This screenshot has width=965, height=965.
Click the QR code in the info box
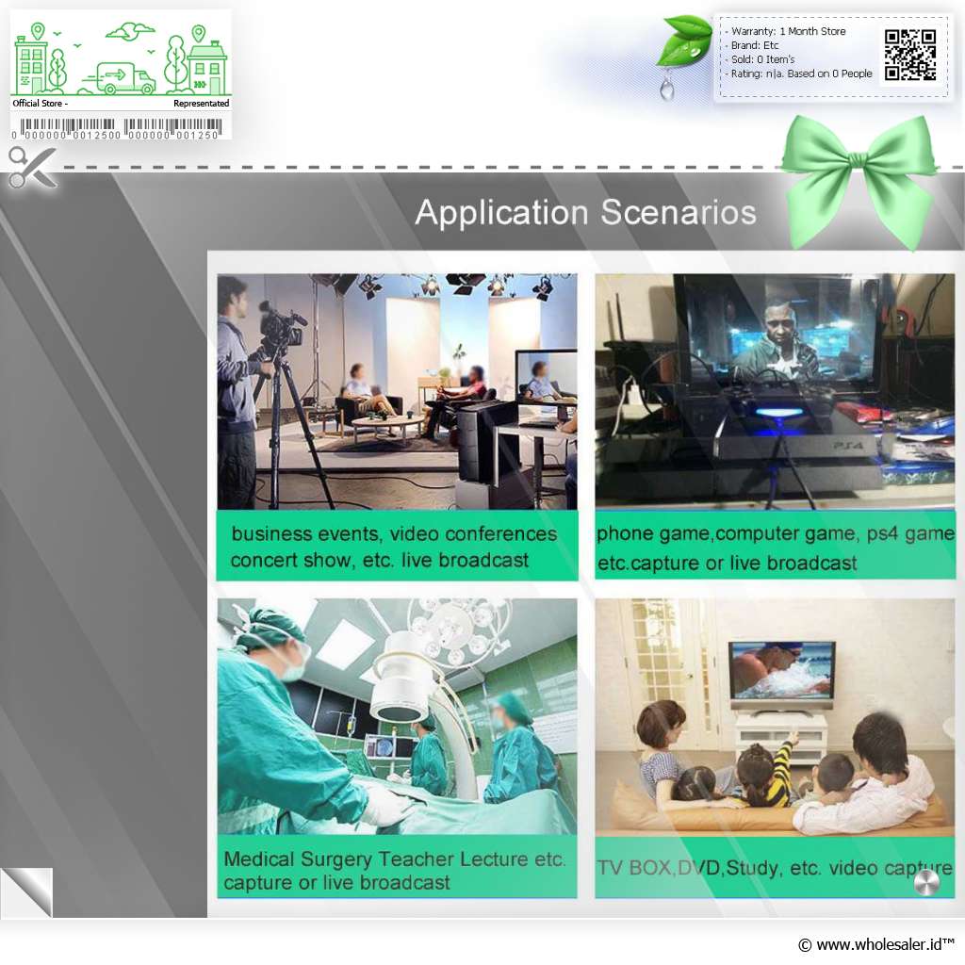coord(910,56)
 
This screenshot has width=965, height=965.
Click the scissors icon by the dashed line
coord(33,167)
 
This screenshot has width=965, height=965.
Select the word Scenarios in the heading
coord(679,213)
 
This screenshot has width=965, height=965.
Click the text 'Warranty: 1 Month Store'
coord(788,31)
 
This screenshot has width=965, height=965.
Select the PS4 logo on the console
coord(848,445)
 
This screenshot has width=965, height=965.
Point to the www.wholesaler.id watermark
coord(876,944)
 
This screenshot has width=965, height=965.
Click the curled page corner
coord(26,892)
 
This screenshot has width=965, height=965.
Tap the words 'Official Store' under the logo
coord(37,104)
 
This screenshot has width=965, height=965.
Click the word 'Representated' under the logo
coord(202,104)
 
